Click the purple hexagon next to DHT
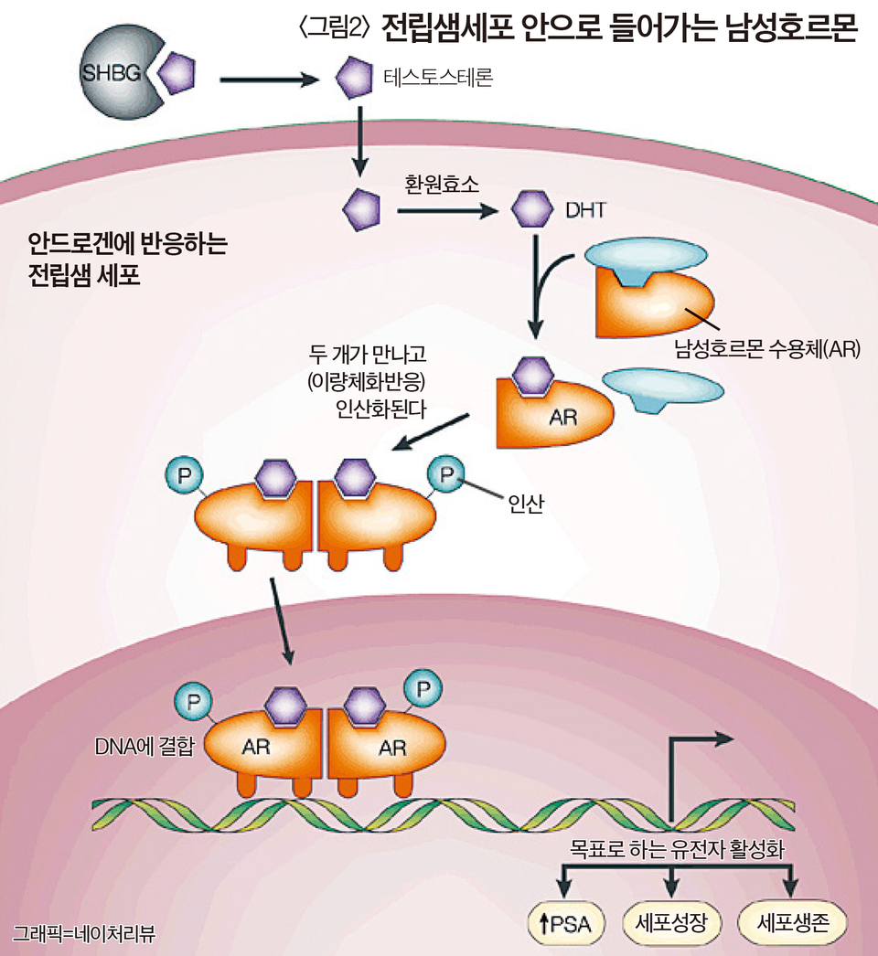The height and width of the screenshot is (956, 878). click(530, 209)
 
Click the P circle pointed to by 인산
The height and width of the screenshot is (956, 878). click(445, 475)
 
